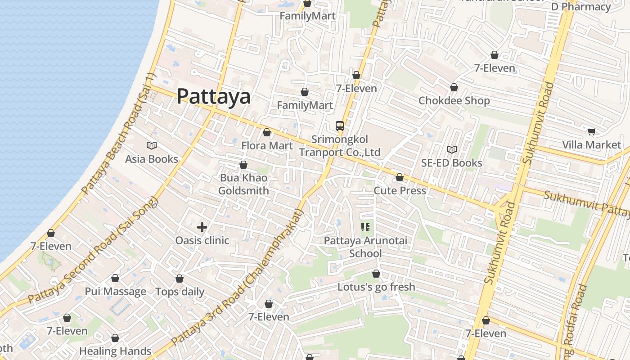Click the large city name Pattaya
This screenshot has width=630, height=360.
[213, 96]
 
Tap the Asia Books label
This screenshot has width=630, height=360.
[152, 159]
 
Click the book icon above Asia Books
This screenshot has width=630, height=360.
[152, 145]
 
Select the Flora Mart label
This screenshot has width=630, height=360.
[267, 146]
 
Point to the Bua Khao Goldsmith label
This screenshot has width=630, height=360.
[243, 184]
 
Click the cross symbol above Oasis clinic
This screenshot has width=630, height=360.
[202, 227]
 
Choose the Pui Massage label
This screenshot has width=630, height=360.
[115, 292]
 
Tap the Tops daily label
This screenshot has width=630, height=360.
[180, 292]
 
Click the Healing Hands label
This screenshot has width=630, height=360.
[115, 351]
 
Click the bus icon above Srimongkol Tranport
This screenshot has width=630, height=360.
[340, 126]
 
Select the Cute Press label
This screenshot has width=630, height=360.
[400, 191]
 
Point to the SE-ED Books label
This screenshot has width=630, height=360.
[451, 163]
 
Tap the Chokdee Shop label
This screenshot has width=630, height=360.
[454, 100]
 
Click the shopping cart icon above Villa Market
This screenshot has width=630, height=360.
[591, 131]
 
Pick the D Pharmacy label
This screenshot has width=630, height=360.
[581, 7]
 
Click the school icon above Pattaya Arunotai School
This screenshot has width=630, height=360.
[365, 227]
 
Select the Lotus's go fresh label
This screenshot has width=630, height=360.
[376, 287]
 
